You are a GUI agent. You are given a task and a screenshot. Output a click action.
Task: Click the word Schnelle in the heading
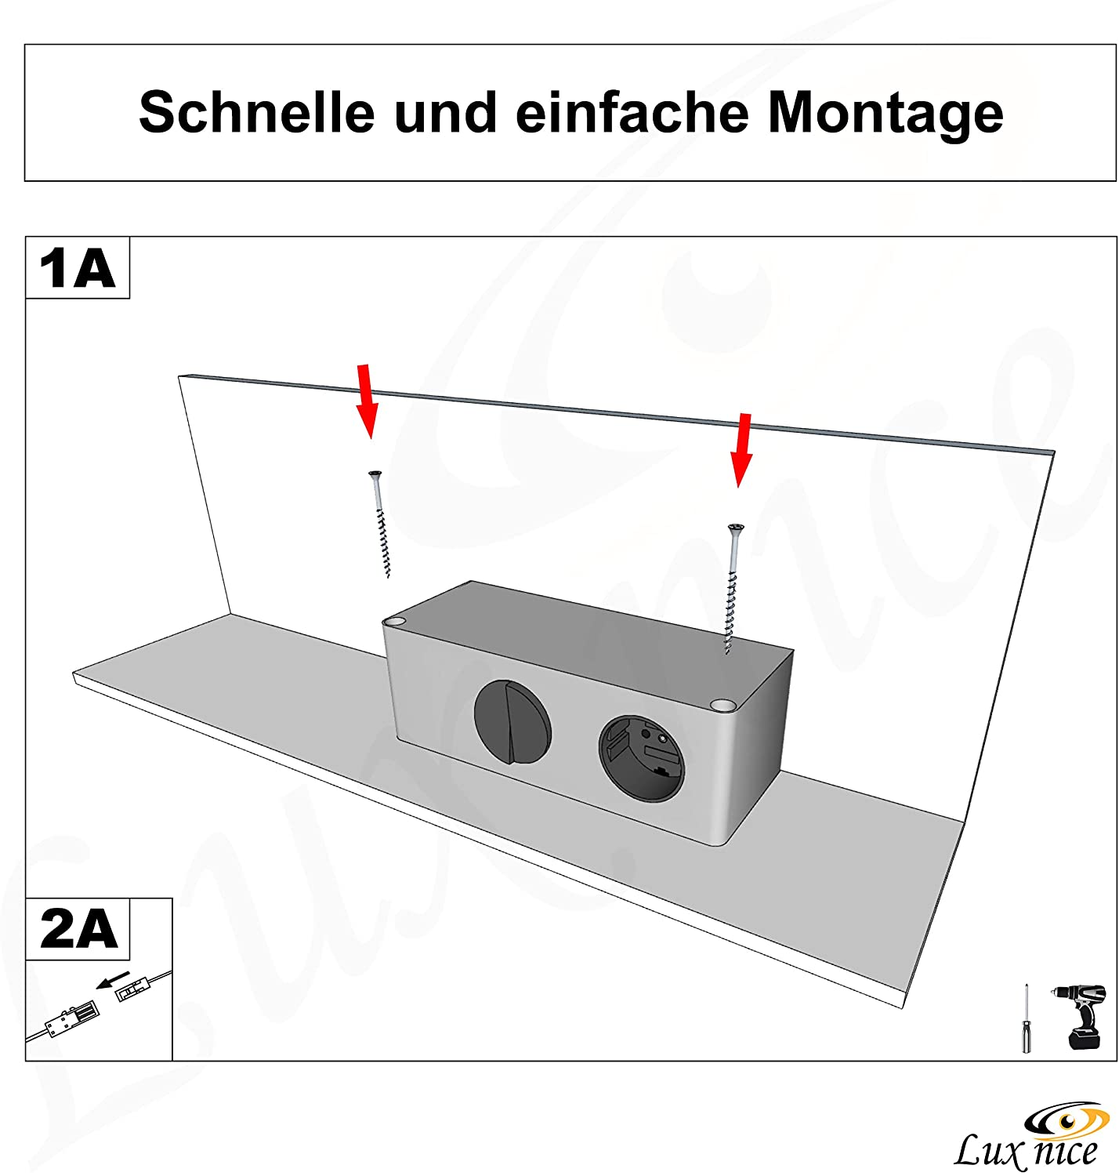tap(256, 112)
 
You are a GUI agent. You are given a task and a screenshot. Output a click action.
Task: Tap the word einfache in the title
tap(632, 112)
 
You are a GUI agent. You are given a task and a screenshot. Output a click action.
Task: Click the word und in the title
tap(446, 112)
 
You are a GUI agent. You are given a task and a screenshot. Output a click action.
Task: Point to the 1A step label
tap(77, 267)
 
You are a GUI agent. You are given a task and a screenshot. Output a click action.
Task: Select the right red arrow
tap(742, 450)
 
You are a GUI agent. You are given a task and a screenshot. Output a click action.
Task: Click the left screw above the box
tap(380, 524)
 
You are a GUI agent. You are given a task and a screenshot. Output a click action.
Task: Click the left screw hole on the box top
tap(394, 622)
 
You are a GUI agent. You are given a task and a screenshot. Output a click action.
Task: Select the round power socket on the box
tap(642, 758)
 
